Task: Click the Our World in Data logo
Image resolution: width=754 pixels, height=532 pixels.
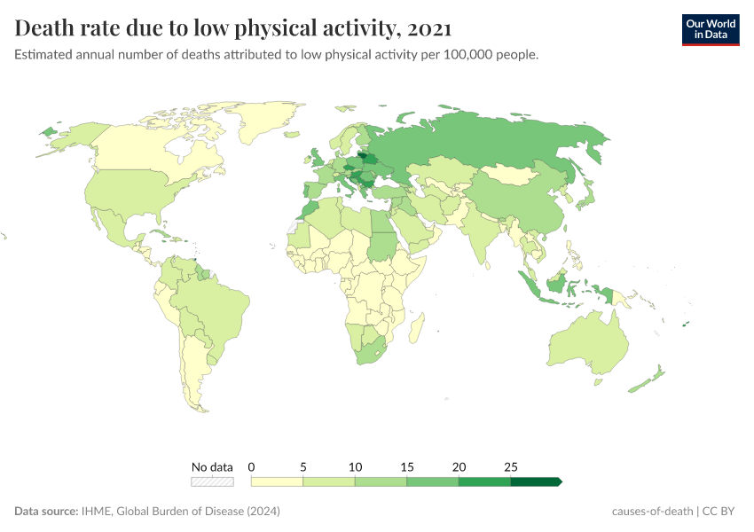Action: click(710, 29)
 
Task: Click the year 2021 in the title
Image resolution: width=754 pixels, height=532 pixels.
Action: click(429, 28)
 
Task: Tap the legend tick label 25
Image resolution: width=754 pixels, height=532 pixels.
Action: click(511, 466)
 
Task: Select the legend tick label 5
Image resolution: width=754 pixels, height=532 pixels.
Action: click(303, 466)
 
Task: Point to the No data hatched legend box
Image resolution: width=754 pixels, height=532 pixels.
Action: click(213, 481)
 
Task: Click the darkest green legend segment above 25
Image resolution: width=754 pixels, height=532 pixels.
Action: click(536, 481)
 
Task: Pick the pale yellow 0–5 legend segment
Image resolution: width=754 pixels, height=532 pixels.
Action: click(277, 481)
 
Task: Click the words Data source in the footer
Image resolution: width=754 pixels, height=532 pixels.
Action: click(45, 512)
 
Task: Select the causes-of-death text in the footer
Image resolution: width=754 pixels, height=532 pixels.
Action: click(653, 512)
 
